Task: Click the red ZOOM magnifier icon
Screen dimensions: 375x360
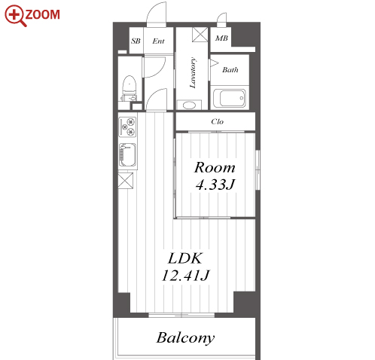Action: click(x=16, y=16)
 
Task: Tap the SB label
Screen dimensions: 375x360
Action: click(x=136, y=41)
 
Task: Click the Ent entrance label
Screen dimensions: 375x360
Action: click(x=158, y=41)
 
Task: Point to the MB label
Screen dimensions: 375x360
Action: click(x=221, y=38)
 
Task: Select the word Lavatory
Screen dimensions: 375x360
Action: click(x=193, y=73)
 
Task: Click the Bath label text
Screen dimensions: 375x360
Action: click(x=230, y=69)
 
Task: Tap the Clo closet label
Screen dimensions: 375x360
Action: click(x=218, y=122)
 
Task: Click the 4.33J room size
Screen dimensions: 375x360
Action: click(x=215, y=185)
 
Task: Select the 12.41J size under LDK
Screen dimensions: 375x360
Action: click(x=185, y=275)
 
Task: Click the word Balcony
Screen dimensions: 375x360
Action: click(x=186, y=337)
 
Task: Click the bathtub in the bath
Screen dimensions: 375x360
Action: click(x=230, y=98)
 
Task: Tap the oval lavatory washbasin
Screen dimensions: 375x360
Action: click(x=189, y=105)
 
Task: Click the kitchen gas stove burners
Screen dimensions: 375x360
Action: click(x=127, y=127)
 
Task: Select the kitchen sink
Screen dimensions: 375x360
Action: click(x=127, y=155)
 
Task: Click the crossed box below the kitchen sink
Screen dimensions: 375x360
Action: click(x=126, y=180)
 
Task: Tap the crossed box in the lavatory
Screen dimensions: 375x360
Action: click(x=200, y=35)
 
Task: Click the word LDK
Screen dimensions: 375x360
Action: click(x=185, y=258)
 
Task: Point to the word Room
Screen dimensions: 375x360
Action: click(x=215, y=167)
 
